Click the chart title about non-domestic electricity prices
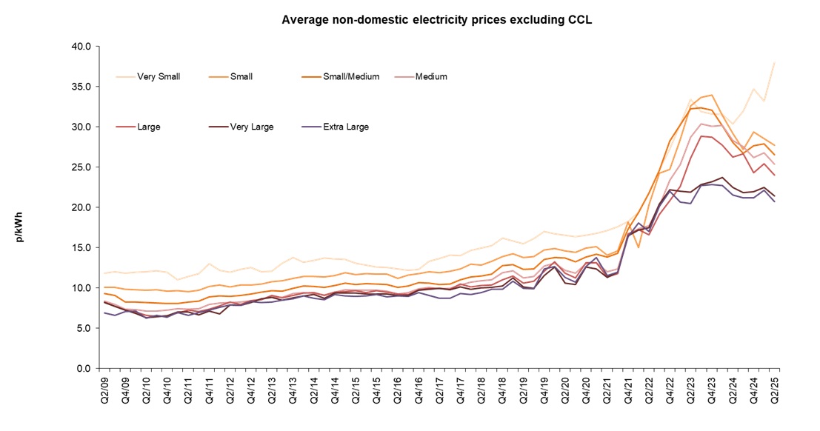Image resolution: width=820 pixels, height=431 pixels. coord(436,19)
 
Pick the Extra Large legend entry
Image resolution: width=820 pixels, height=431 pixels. coord(346,127)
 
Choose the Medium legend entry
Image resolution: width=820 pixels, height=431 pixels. coord(431,76)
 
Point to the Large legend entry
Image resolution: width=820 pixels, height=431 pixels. coord(148,127)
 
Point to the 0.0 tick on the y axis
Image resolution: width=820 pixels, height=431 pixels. coord(83,368)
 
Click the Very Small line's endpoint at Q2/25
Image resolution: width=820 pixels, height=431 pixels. coord(775,62)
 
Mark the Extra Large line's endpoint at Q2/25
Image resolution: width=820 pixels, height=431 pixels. coord(775,201)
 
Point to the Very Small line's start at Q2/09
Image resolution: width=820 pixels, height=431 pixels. coord(104,273)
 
